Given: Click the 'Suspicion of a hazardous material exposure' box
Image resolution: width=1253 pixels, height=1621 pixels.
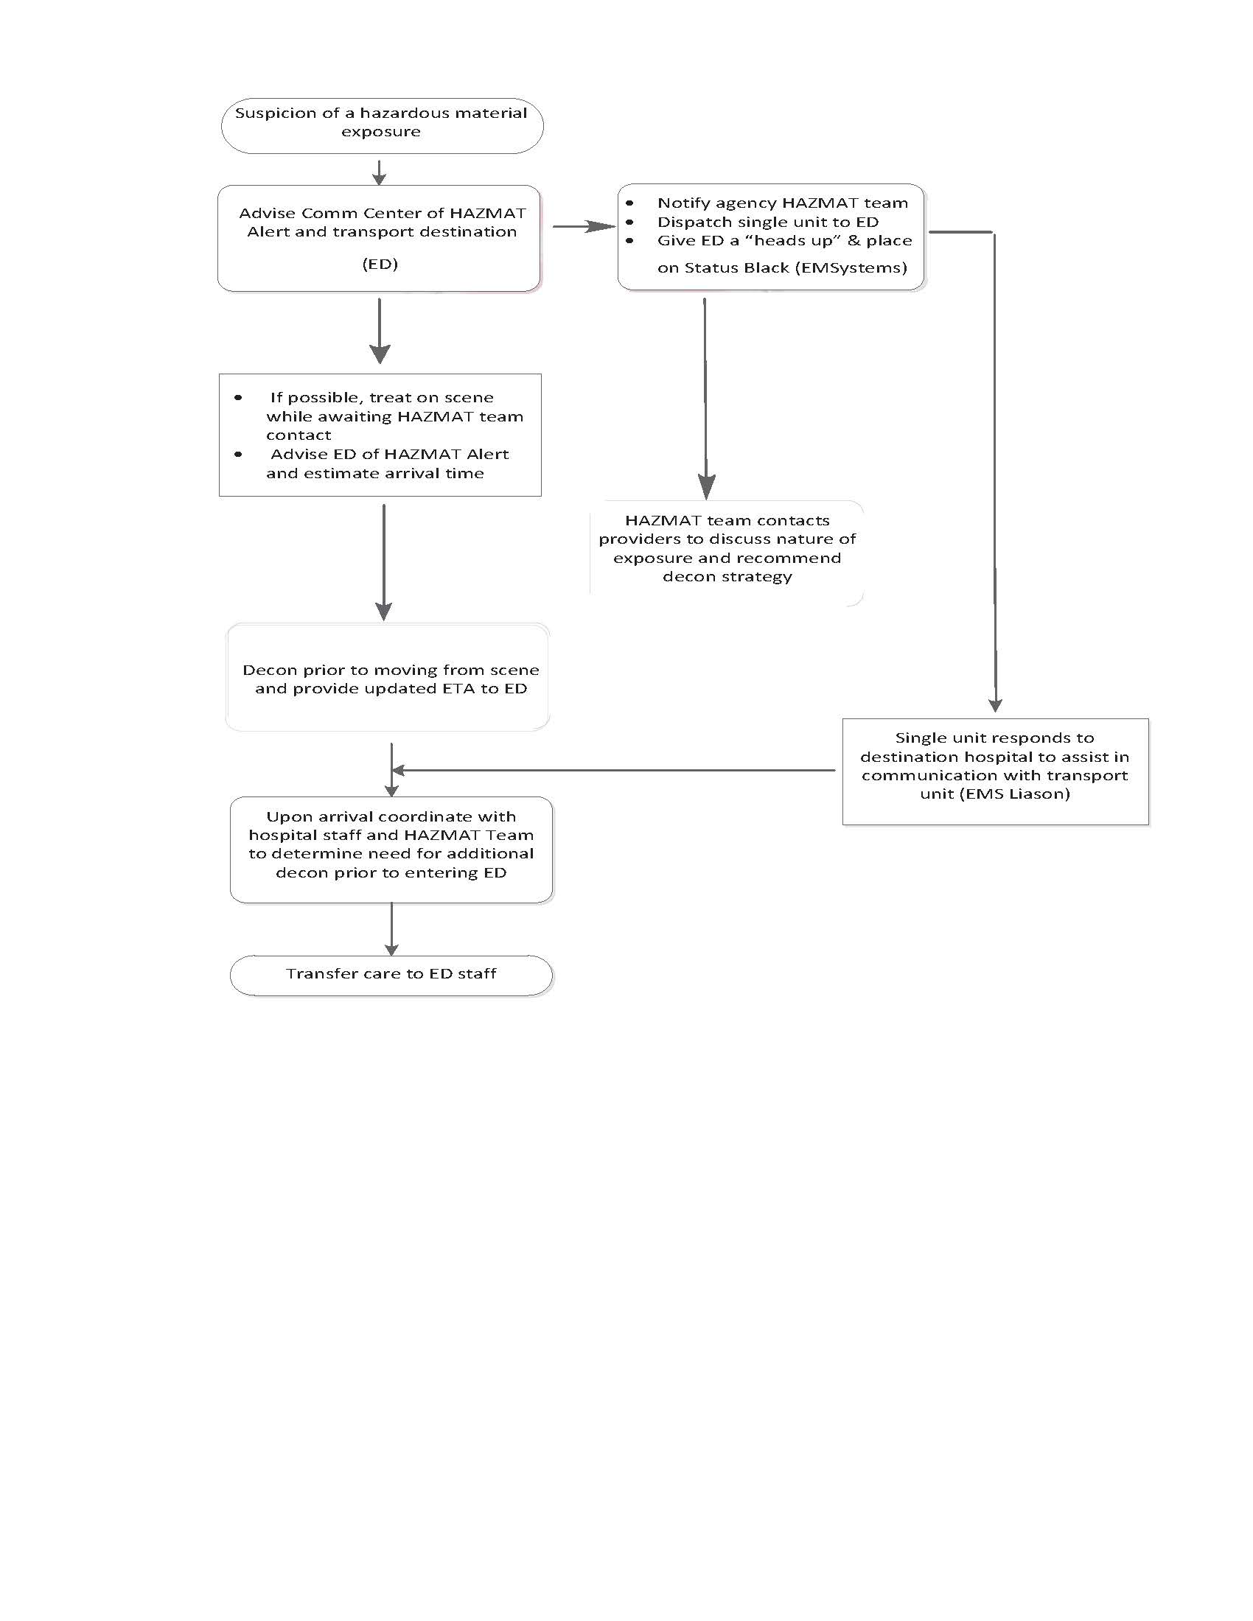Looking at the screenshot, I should (x=382, y=125).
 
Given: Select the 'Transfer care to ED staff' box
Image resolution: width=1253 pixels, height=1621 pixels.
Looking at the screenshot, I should (x=391, y=974).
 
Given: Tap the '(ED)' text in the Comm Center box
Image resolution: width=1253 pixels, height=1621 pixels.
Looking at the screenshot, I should (x=380, y=265).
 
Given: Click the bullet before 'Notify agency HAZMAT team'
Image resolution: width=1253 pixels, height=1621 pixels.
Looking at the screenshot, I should (x=629, y=203).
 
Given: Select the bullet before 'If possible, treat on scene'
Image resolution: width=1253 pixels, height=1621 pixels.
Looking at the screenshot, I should (x=238, y=398).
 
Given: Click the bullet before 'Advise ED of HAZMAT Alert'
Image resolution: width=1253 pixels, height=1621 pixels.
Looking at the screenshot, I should (x=238, y=454).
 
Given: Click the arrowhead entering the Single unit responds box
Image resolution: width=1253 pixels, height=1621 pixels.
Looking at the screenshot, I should (x=996, y=704).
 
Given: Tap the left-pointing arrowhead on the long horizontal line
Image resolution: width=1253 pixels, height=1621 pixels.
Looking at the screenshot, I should (x=398, y=771).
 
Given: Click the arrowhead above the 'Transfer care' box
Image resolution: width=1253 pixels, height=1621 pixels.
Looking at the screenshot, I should (x=391, y=948).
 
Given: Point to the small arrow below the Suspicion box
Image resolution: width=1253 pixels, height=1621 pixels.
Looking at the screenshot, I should (x=380, y=175).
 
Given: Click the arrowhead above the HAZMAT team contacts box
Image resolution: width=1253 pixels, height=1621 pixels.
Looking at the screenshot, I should (x=707, y=487).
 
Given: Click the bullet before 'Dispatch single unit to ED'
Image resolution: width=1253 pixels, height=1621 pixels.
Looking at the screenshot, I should (x=629, y=222).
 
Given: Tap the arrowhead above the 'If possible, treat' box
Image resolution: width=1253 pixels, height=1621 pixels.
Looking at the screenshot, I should (x=380, y=353).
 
